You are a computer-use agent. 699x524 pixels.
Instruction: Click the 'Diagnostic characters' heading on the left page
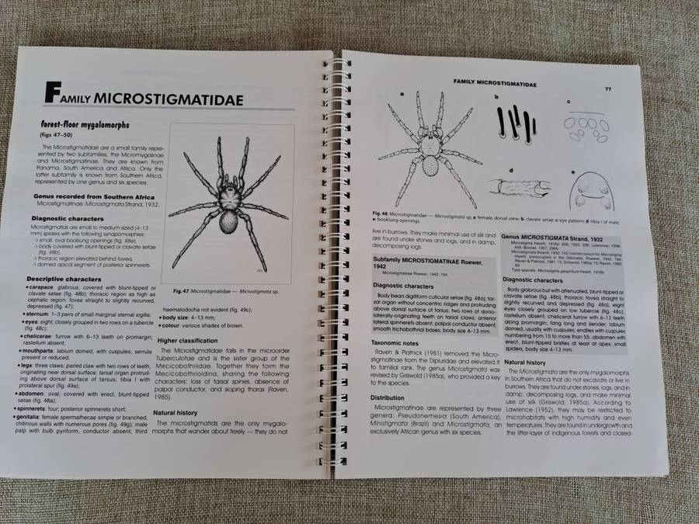tap(71, 219)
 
